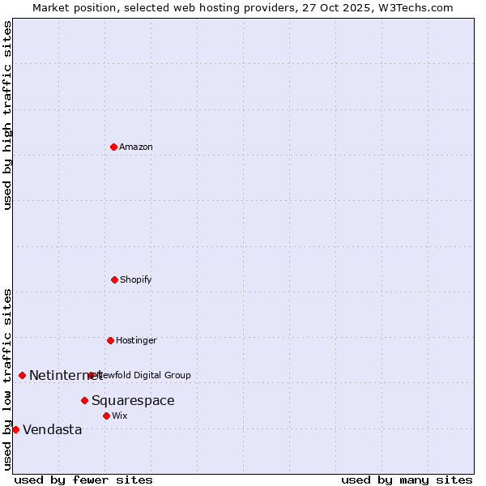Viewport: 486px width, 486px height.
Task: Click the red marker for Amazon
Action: tap(113, 147)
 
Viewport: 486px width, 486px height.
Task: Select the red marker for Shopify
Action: tap(114, 279)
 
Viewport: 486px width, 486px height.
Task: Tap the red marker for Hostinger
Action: tap(110, 340)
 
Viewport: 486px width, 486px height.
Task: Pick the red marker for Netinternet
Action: tap(22, 375)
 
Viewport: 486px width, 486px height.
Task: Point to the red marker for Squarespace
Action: tap(84, 400)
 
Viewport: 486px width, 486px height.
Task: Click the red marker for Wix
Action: tap(106, 416)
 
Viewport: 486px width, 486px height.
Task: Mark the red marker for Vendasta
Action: tap(15, 429)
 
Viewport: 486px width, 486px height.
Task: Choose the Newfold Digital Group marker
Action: tap(91, 375)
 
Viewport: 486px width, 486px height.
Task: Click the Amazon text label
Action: tap(136, 147)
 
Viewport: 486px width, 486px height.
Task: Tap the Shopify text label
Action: tap(136, 279)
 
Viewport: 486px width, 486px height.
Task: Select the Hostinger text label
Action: tap(136, 340)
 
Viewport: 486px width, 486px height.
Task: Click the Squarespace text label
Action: tap(133, 400)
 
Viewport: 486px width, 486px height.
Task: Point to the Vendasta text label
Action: tap(53, 429)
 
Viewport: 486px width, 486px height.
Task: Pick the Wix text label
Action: tap(120, 416)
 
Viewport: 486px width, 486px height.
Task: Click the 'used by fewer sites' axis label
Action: tap(83, 480)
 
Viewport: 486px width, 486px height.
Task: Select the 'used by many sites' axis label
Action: tap(407, 480)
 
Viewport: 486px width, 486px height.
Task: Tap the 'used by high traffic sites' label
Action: tap(7, 115)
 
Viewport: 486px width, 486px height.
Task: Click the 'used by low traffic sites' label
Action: tap(7, 378)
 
